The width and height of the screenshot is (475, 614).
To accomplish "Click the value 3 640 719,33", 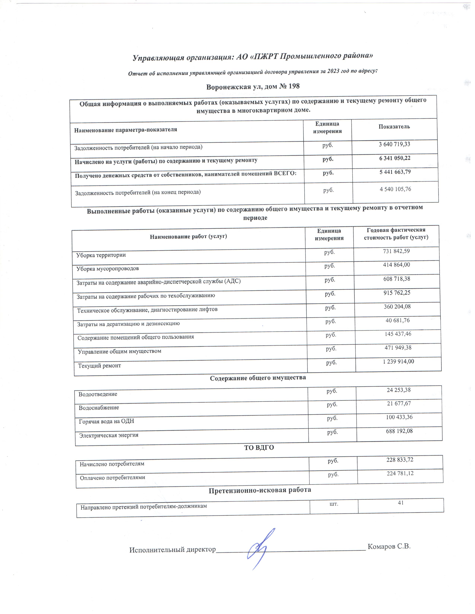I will [394, 144].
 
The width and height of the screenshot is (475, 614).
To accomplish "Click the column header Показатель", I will [394, 127].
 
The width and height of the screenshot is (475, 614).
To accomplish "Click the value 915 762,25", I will [397, 292].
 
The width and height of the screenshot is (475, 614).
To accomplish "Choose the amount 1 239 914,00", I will [398, 361].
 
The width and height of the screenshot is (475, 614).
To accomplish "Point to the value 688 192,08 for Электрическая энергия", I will [399, 431].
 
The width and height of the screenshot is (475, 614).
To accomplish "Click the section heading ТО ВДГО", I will [259, 447].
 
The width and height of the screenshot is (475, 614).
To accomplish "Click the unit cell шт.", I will [334, 504].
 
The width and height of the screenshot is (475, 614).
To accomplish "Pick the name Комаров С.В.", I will [389, 546].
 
